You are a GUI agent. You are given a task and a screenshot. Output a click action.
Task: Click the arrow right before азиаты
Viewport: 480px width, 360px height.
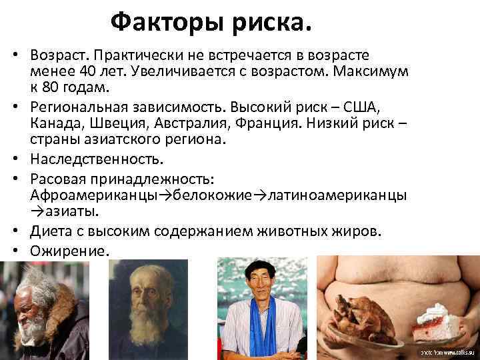(x=37, y=213)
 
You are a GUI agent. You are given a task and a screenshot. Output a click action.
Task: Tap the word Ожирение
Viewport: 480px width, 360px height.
(x=69, y=251)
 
